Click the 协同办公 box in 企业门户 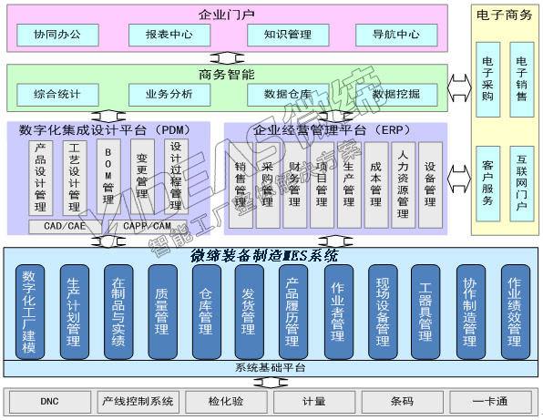[57, 36]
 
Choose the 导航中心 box [395, 36]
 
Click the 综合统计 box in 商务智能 [57, 93]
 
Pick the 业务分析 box [168, 93]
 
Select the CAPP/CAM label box [147, 225]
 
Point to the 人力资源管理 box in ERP [403, 184]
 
